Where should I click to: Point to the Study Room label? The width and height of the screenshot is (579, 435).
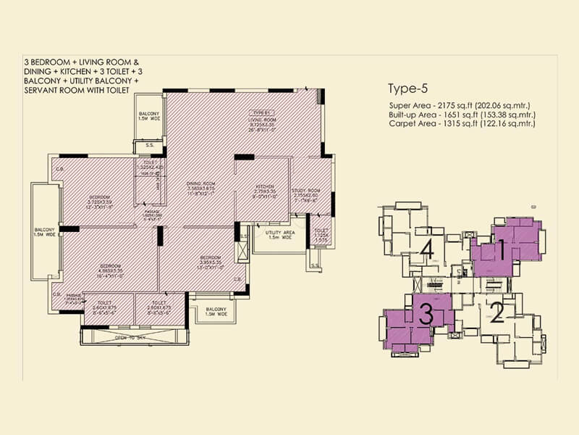click(x=303, y=190)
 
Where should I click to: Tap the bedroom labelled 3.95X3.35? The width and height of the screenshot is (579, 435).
click(x=211, y=260)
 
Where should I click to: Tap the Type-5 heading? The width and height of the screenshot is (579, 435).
click(x=408, y=90)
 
